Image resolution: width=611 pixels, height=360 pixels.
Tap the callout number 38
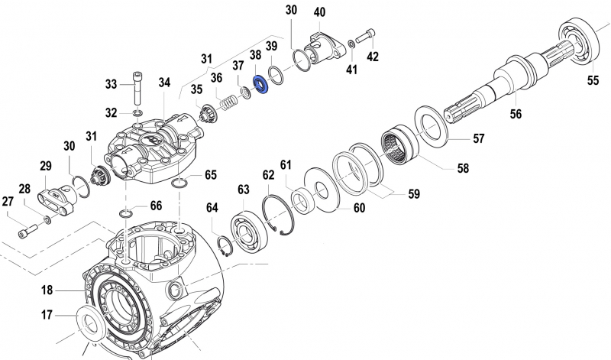[255, 56]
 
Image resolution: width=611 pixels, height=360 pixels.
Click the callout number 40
[319, 12]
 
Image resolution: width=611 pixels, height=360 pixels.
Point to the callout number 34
[165, 82]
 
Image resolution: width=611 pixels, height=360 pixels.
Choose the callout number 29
[45, 166]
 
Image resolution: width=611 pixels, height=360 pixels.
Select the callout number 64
[212, 207]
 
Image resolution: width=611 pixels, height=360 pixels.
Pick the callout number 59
[413, 194]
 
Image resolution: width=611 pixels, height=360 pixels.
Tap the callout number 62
[269, 175]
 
